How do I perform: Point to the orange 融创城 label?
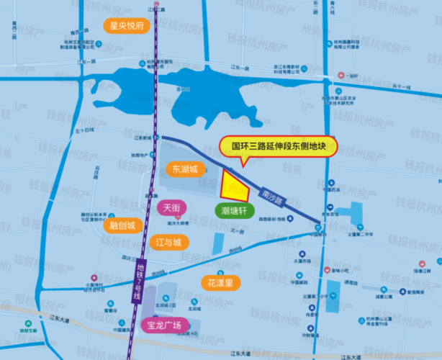[x=123, y=224]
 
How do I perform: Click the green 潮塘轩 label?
[x=233, y=211]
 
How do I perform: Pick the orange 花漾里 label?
[x=220, y=282]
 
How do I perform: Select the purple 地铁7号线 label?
[x=138, y=281]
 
